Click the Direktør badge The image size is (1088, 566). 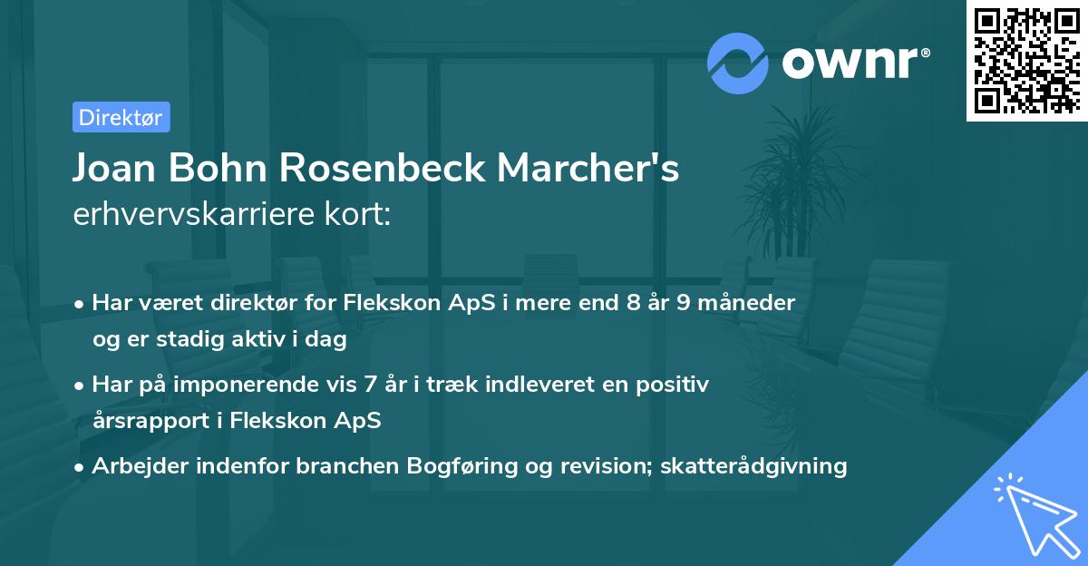click(x=121, y=117)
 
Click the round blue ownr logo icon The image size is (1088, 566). click(x=738, y=63)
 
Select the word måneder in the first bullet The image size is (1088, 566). click(x=752, y=303)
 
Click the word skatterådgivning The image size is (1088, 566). click(x=753, y=466)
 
